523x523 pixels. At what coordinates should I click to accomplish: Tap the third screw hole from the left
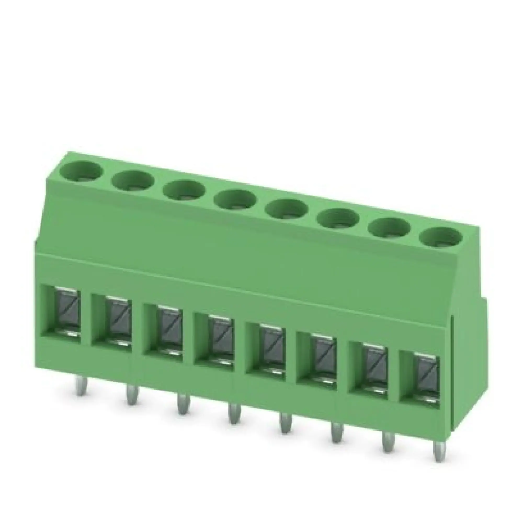click(x=184, y=191)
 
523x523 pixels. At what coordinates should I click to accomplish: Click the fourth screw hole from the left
click(x=236, y=201)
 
